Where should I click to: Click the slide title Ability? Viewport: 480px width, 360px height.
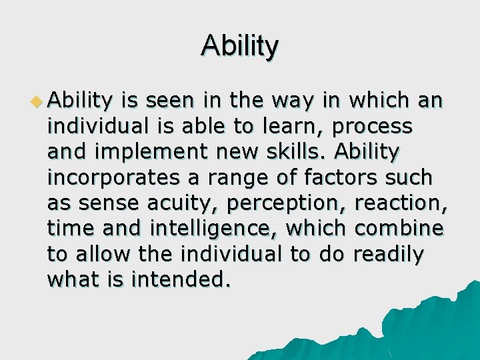239,46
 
